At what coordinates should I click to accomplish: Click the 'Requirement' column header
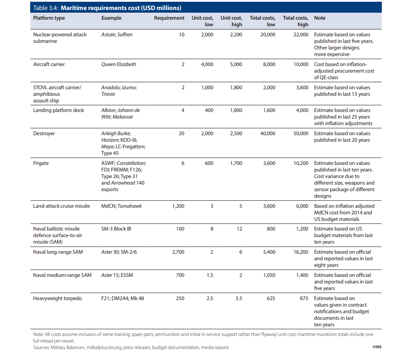169,18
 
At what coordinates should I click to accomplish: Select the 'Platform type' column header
49,18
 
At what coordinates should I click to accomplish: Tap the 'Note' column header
320,18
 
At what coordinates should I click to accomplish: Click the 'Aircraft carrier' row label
49,64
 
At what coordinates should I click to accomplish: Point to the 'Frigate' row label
41,163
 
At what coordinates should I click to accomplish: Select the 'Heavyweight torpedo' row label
57,298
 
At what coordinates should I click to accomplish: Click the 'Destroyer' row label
44,133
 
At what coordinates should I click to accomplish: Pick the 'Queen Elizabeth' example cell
119,64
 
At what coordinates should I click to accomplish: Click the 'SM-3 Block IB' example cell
116,229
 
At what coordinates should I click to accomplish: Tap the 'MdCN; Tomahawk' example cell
122,206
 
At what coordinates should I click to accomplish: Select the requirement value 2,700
178,252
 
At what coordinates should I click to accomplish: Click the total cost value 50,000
301,133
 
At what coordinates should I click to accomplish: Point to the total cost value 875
304,298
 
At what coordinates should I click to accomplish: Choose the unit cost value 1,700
236,163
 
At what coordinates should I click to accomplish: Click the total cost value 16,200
301,252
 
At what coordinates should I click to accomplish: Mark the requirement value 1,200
178,206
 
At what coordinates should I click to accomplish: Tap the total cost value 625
271,298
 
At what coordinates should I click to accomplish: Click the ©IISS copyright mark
377,347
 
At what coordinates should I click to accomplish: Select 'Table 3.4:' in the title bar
45,8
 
